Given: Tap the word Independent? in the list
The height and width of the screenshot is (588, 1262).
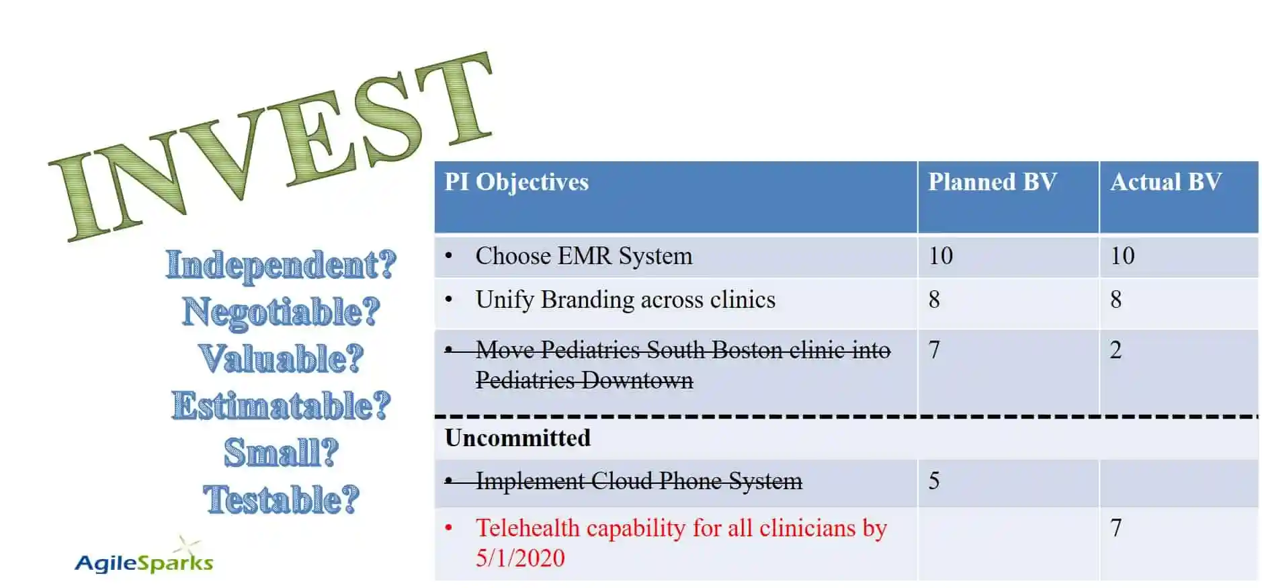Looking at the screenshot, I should tap(281, 265).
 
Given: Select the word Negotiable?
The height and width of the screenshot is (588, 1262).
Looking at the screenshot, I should tap(281, 312).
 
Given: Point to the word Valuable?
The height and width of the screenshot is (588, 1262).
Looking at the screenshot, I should tap(281, 358).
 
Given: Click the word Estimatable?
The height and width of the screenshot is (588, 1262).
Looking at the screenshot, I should tap(281, 405).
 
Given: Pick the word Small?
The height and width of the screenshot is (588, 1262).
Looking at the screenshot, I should tap(281, 452).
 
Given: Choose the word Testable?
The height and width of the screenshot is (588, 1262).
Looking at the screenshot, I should tap(281, 499).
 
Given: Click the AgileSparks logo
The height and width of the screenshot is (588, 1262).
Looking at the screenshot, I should tap(144, 560).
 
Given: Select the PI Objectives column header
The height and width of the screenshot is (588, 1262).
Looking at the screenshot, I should tap(516, 182).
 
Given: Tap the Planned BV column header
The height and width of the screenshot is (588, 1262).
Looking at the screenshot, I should tap(992, 182).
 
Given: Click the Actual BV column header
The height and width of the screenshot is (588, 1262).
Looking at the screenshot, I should tap(1165, 182).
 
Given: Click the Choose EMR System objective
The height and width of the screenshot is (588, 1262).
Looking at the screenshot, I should tap(583, 256).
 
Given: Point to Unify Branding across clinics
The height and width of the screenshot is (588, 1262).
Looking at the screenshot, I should tap(625, 300).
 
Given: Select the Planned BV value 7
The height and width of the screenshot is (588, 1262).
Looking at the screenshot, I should tap(933, 349).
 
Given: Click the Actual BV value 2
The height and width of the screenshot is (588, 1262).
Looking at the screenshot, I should tap(1116, 349).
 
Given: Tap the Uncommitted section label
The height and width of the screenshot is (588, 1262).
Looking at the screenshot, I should tap(517, 438).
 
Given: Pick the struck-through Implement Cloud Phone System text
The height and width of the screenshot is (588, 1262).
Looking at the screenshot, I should tap(638, 481).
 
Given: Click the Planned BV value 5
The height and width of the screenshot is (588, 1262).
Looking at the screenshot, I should tap(933, 481).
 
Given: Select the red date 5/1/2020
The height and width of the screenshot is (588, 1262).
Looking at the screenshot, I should tap(520, 558).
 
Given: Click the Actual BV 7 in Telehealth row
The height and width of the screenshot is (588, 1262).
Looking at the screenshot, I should tap(1116, 528).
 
